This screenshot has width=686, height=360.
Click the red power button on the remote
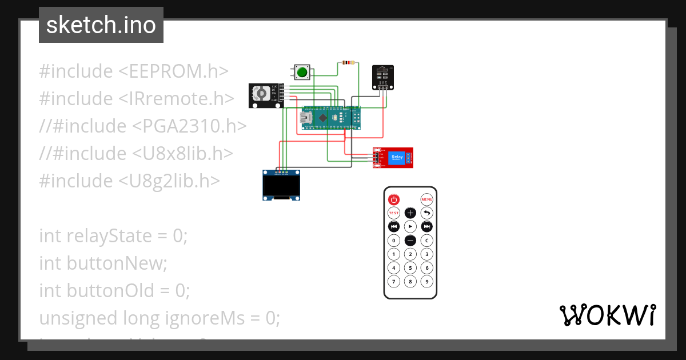[394, 199]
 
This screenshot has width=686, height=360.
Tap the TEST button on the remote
[394, 213]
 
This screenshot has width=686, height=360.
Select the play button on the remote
[410, 227]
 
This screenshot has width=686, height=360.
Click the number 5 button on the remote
[410, 268]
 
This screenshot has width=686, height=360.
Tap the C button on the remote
[427, 241]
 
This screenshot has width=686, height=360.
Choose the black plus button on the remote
[410, 213]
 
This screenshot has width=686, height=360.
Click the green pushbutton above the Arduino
[302, 73]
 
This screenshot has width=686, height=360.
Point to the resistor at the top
[348, 62]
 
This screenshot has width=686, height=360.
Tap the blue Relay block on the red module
[396, 157]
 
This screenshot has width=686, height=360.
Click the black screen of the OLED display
[281, 186]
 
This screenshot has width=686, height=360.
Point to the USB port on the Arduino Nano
[308, 118]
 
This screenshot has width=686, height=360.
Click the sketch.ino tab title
[101, 25]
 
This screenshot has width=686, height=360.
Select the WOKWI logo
[607, 315]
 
